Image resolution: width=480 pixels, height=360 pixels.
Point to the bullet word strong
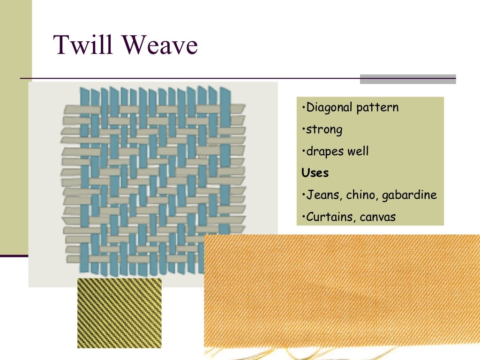click(x=324, y=129)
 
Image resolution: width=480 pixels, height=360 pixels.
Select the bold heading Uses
click(x=315, y=173)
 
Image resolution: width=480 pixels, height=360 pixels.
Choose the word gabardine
click(x=409, y=195)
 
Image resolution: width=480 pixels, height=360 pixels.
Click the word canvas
click(x=378, y=217)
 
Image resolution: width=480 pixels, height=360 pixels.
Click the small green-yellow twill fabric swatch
click(x=119, y=313)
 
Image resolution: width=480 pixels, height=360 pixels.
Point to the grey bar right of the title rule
click(x=408, y=79)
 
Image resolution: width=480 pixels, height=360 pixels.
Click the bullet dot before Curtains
click(x=304, y=217)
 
